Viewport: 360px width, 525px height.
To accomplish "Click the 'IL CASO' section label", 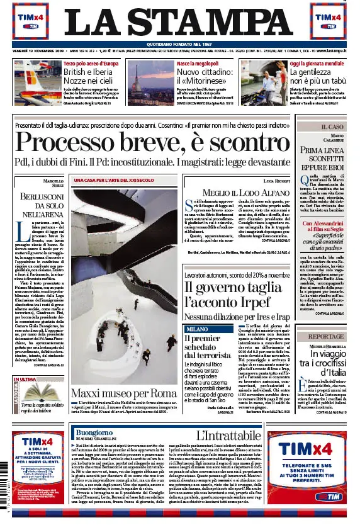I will pyautogui.click(x=334, y=127).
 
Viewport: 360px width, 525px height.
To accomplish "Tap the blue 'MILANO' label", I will pyautogui.click(x=196, y=329).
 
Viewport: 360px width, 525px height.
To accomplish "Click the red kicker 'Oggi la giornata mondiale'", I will pyautogui.click(x=317, y=64).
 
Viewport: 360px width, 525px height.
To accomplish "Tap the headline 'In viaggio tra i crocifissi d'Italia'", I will pyautogui.click(x=333, y=365).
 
